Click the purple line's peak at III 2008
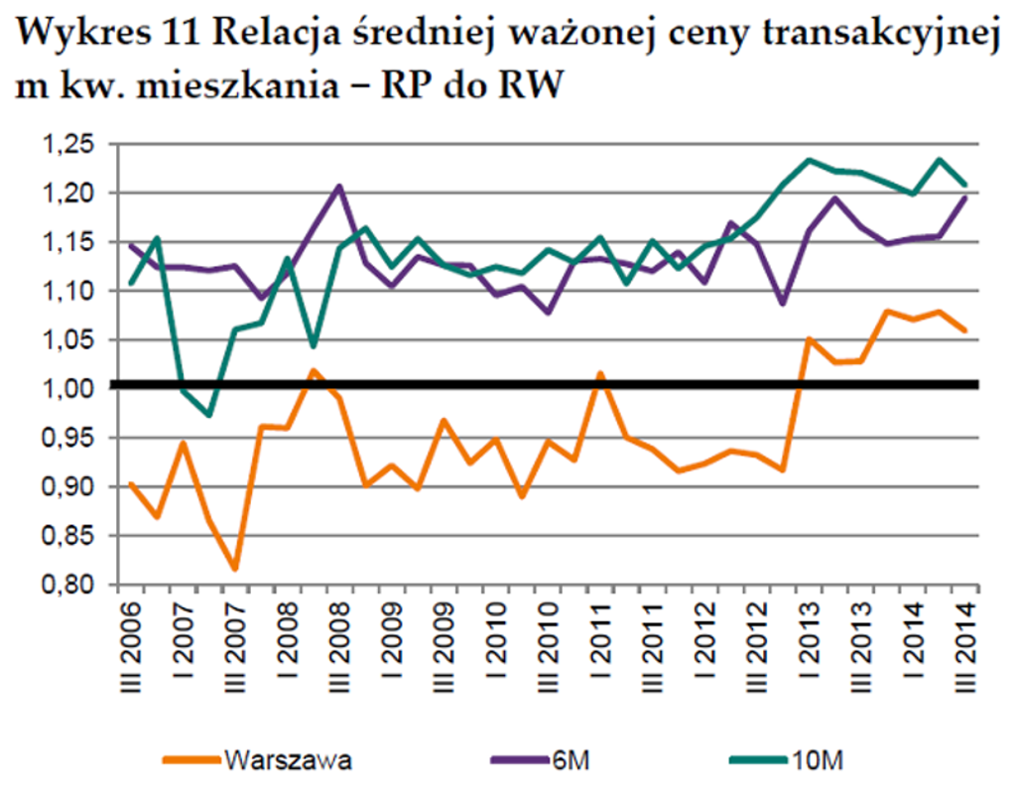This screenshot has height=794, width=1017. point(339,186)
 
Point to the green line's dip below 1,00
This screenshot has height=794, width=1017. point(209,415)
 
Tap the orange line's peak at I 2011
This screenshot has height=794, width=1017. point(601,373)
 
